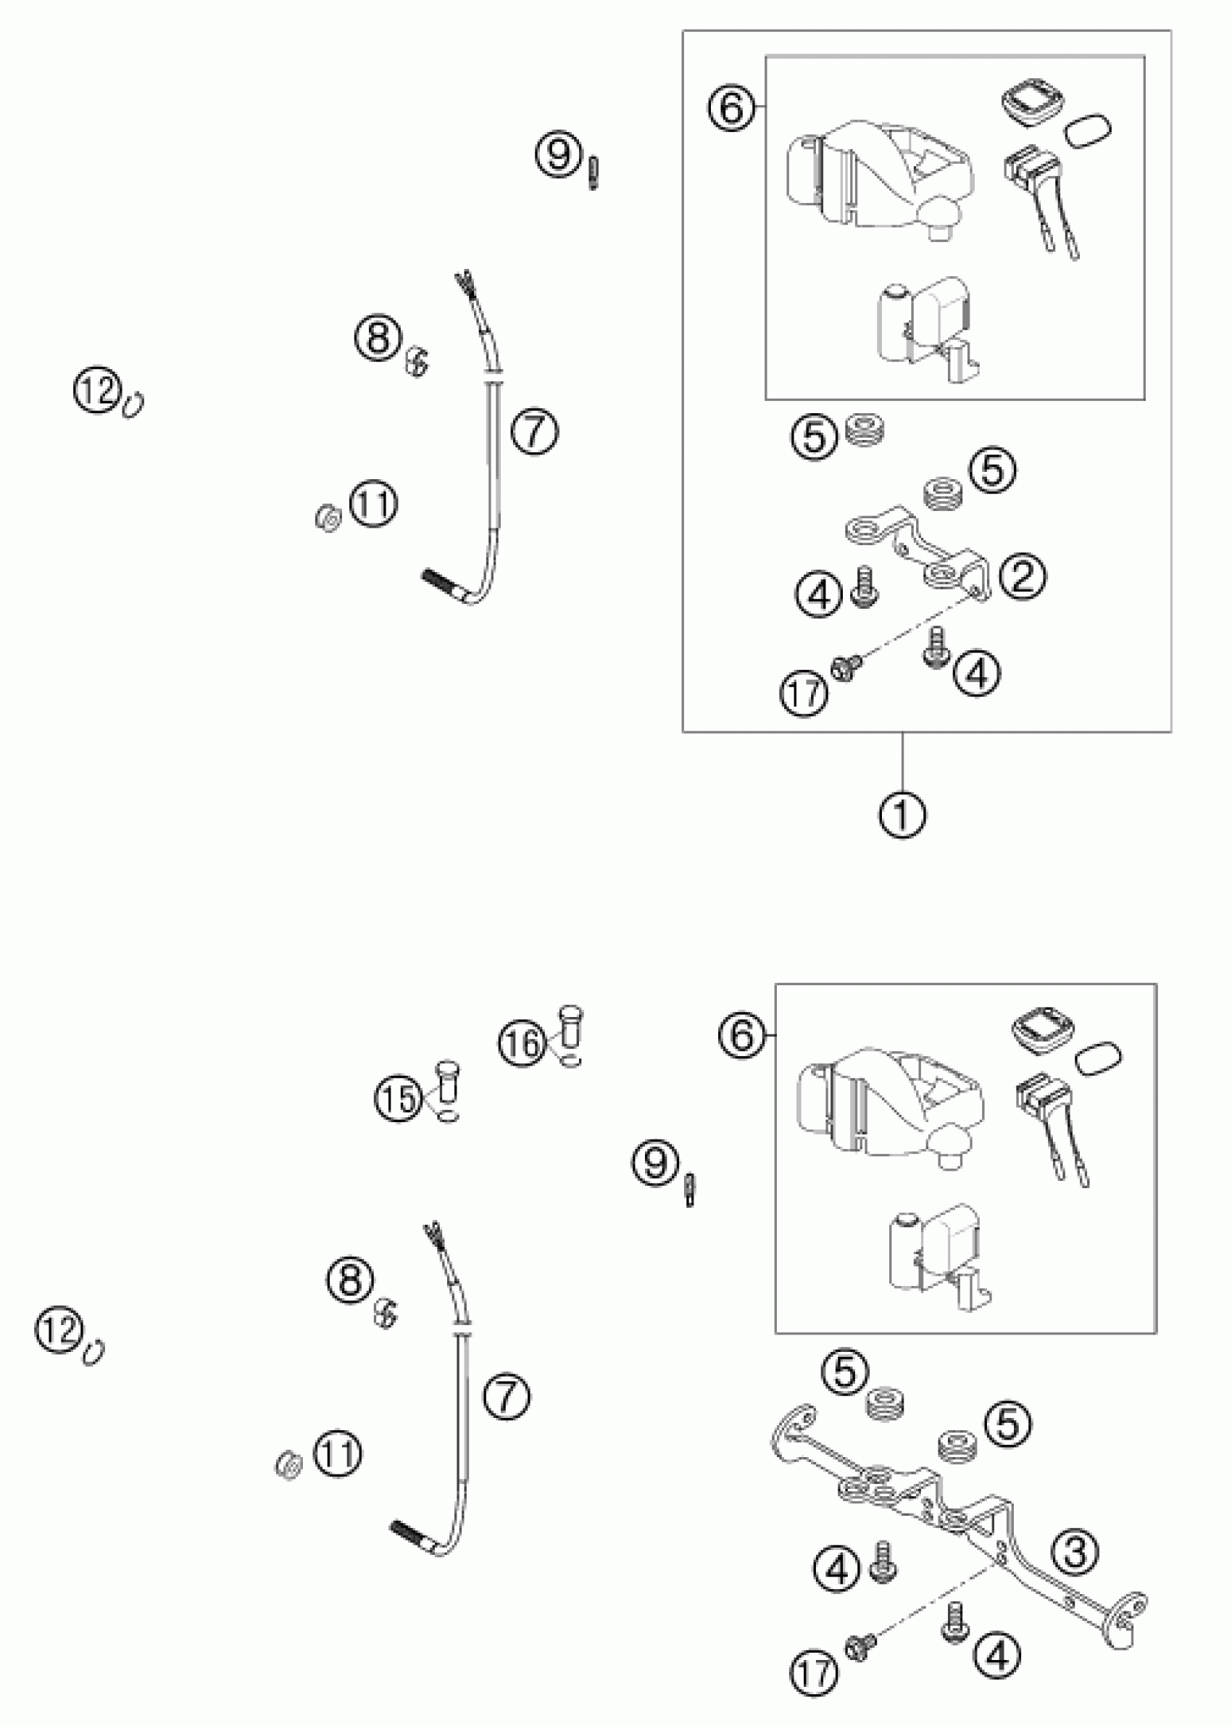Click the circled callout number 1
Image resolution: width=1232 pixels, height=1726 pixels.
tap(902, 816)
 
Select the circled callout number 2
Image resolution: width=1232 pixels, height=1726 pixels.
tap(1022, 576)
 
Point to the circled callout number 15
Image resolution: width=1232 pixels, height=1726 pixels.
tap(398, 1098)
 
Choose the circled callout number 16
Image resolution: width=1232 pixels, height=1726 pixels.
tap(522, 1043)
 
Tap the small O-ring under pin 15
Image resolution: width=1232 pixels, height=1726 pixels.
tap(449, 1117)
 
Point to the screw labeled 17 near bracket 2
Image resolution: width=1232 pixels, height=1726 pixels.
tap(842, 668)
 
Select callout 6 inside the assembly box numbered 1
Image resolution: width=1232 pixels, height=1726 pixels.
tap(731, 109)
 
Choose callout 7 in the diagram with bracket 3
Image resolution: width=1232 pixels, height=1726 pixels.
tap(507, 1396)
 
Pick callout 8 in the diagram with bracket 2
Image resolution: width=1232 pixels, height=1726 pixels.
tap(378, 337)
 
